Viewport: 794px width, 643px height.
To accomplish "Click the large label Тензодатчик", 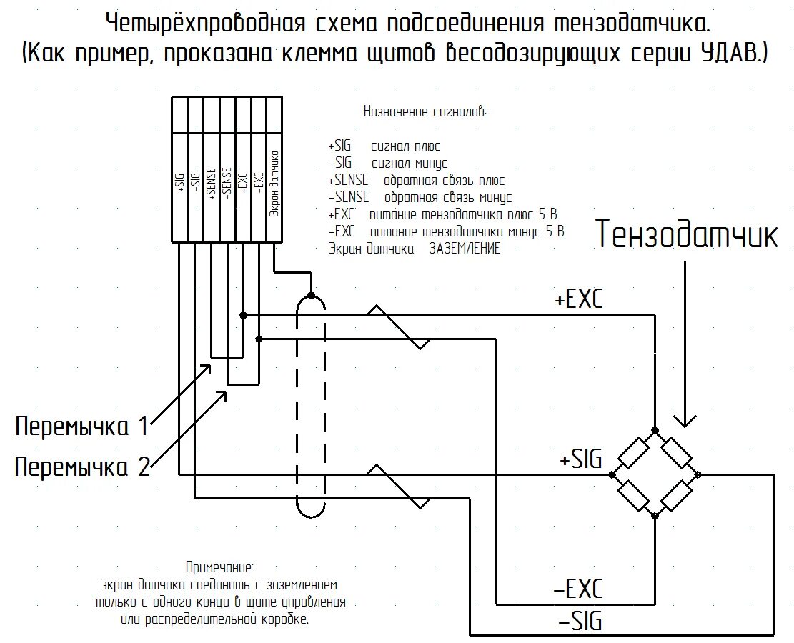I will pos(687,234).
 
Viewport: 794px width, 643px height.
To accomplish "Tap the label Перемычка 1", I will pos(81,427).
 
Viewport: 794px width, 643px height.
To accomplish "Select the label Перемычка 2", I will pos(81,467).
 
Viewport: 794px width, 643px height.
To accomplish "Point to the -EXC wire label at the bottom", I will pos(578,589).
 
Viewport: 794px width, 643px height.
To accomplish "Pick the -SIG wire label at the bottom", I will pos(578,620).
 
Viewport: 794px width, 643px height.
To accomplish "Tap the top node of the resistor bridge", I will pos(655,432).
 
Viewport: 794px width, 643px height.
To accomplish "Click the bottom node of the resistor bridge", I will pos(655,515).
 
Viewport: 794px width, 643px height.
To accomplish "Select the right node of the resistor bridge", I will pos(698,474).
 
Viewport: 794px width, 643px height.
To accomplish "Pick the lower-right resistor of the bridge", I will pos(677,495).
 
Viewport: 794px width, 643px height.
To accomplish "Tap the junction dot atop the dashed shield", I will pos(311,295).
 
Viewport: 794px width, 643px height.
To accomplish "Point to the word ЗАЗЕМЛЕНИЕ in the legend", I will pos(465,249).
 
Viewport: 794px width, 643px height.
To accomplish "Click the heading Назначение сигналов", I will pos(425,111).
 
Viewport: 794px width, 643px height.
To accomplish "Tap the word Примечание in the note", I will pos(219,567).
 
